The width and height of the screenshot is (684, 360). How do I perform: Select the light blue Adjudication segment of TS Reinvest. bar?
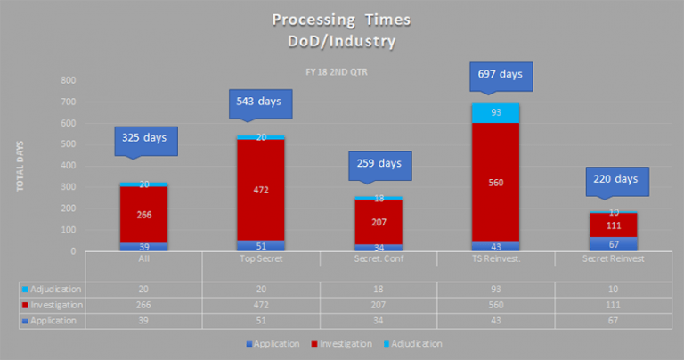(x=494, y=113)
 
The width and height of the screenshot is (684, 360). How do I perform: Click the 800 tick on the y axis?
(x=69, y=80)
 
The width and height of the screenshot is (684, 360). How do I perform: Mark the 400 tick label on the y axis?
(x=69, y=166)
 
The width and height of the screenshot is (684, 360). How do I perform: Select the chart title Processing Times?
(x=342, y=20)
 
